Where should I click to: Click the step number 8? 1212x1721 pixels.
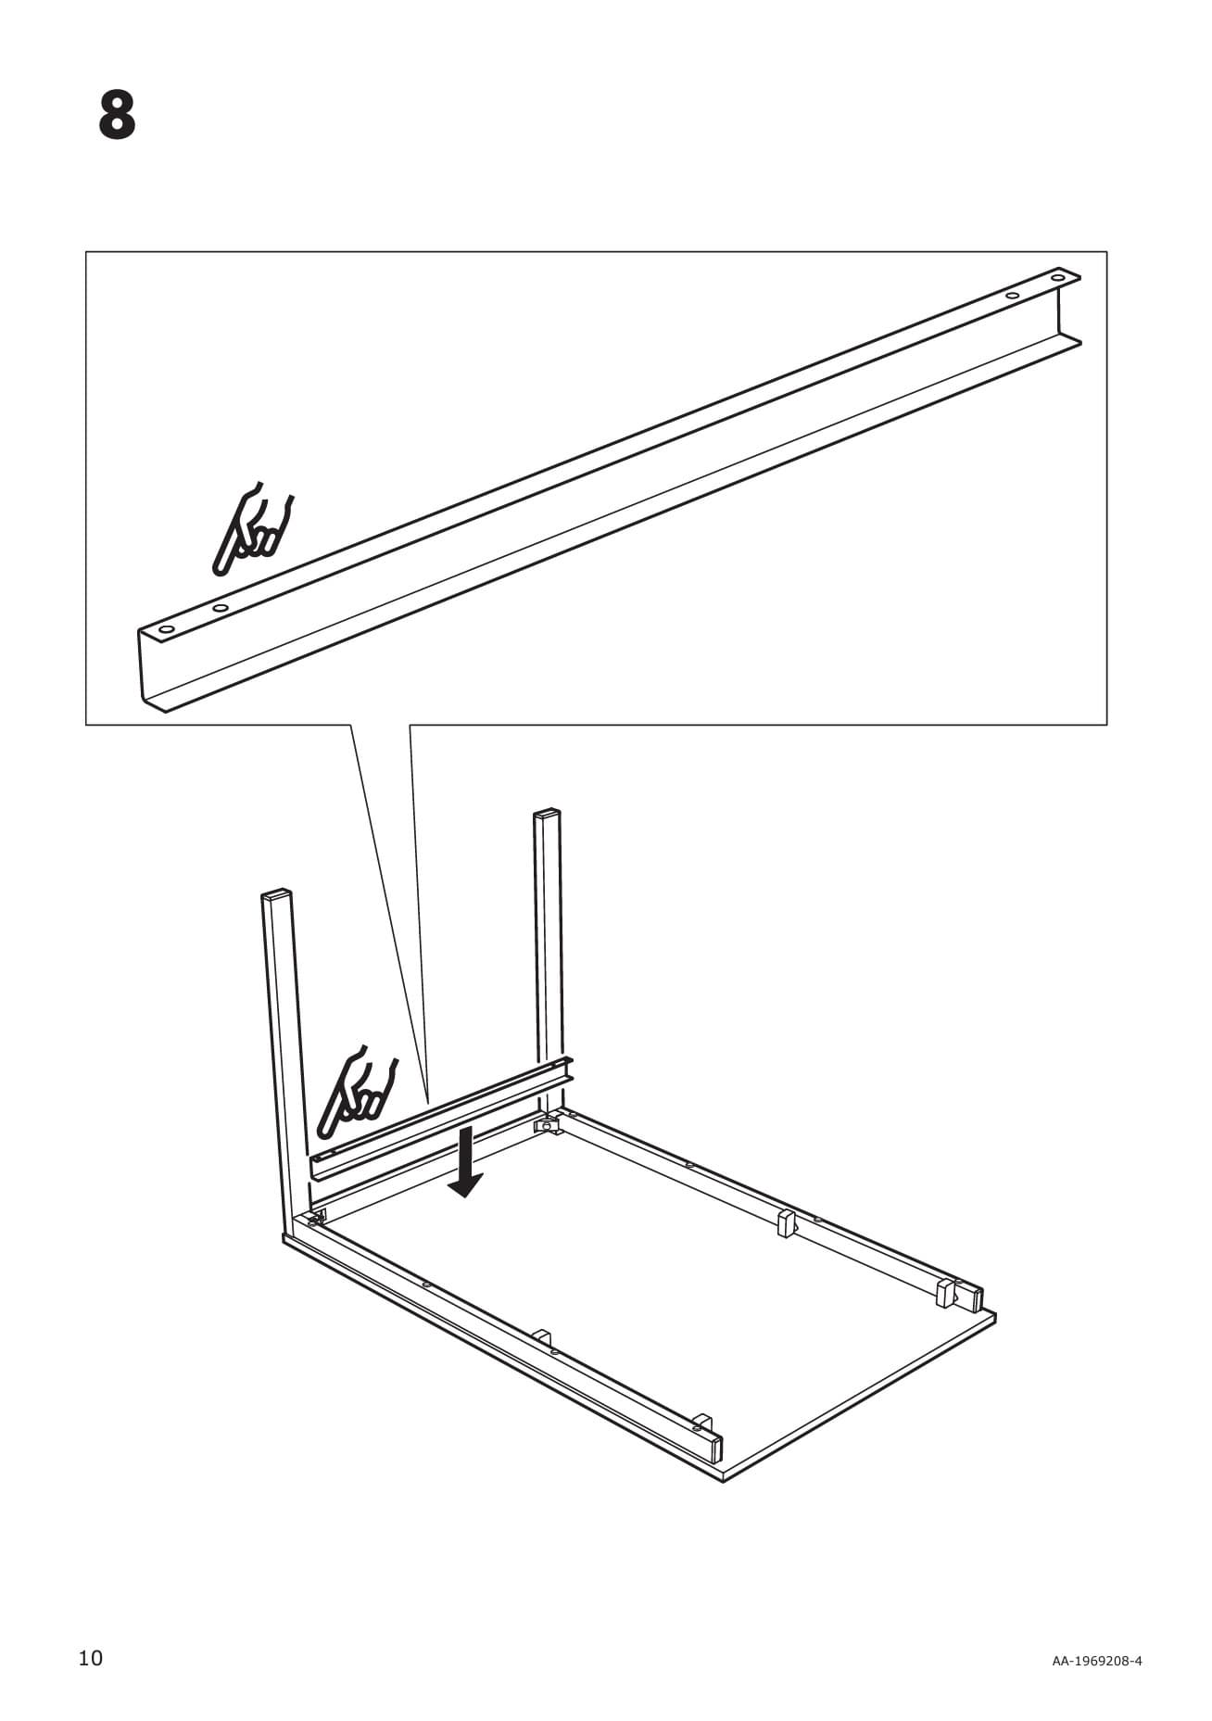118,115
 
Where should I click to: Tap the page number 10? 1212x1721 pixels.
91,1658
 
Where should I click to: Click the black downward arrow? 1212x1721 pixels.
464,1161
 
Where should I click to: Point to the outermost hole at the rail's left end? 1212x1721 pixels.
167,630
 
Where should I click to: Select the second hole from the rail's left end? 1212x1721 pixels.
221,608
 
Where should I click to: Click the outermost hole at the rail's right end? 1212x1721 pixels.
1057,277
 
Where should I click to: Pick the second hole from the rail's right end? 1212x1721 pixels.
1013,296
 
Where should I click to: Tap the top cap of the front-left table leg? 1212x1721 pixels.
277,895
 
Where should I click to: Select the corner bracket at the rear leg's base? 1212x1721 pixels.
548,1124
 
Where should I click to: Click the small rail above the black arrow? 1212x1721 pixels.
441,1118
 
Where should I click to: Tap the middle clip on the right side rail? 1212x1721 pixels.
787,1222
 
